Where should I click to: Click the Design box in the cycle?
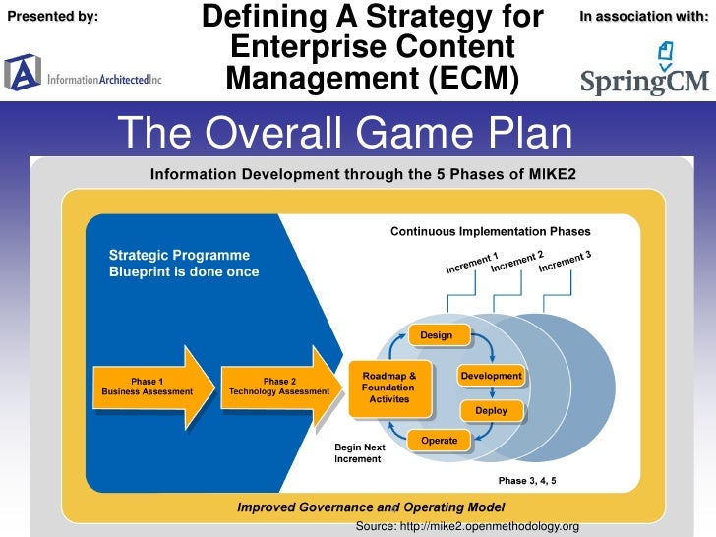coord(437,335)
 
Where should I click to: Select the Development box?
coord(491,376)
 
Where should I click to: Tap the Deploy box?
coord(491,410)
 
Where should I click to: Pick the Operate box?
coord(439,440)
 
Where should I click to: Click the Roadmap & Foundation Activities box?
coord(388,387)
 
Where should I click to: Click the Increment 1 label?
coord(472,264)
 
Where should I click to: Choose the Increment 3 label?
coord(565,262)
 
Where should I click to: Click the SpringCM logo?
coord(644,69)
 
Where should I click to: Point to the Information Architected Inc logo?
coord(83,73)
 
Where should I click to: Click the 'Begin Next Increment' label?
coord(360,453)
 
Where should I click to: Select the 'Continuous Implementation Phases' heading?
coord(490,232)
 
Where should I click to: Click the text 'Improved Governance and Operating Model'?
coord(371,507)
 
